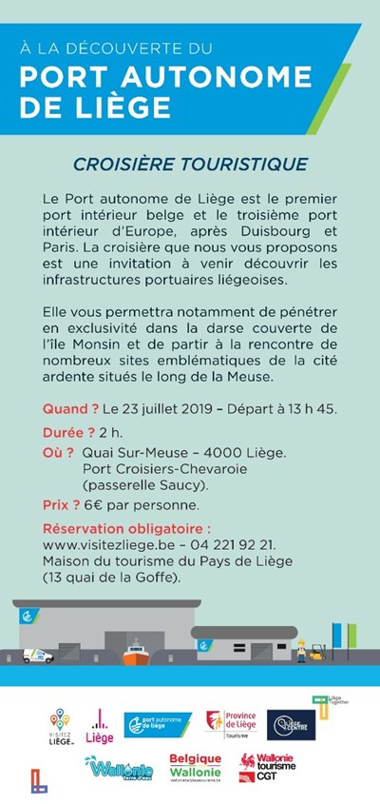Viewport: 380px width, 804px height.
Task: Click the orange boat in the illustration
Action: click(135, 656)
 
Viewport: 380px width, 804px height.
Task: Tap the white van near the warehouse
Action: click(39, 656)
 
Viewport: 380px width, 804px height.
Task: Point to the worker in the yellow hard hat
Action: click(302, 651)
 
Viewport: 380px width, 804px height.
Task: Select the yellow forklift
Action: click(316, 654)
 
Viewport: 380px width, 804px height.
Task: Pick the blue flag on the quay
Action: click(337, 632)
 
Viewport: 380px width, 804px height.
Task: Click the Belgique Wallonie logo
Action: click(195, 767)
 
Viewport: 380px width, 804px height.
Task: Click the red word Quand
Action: click(71, 410)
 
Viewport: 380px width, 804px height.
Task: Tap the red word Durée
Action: click(70, 433)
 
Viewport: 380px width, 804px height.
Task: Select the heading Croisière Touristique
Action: click(189, 164)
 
